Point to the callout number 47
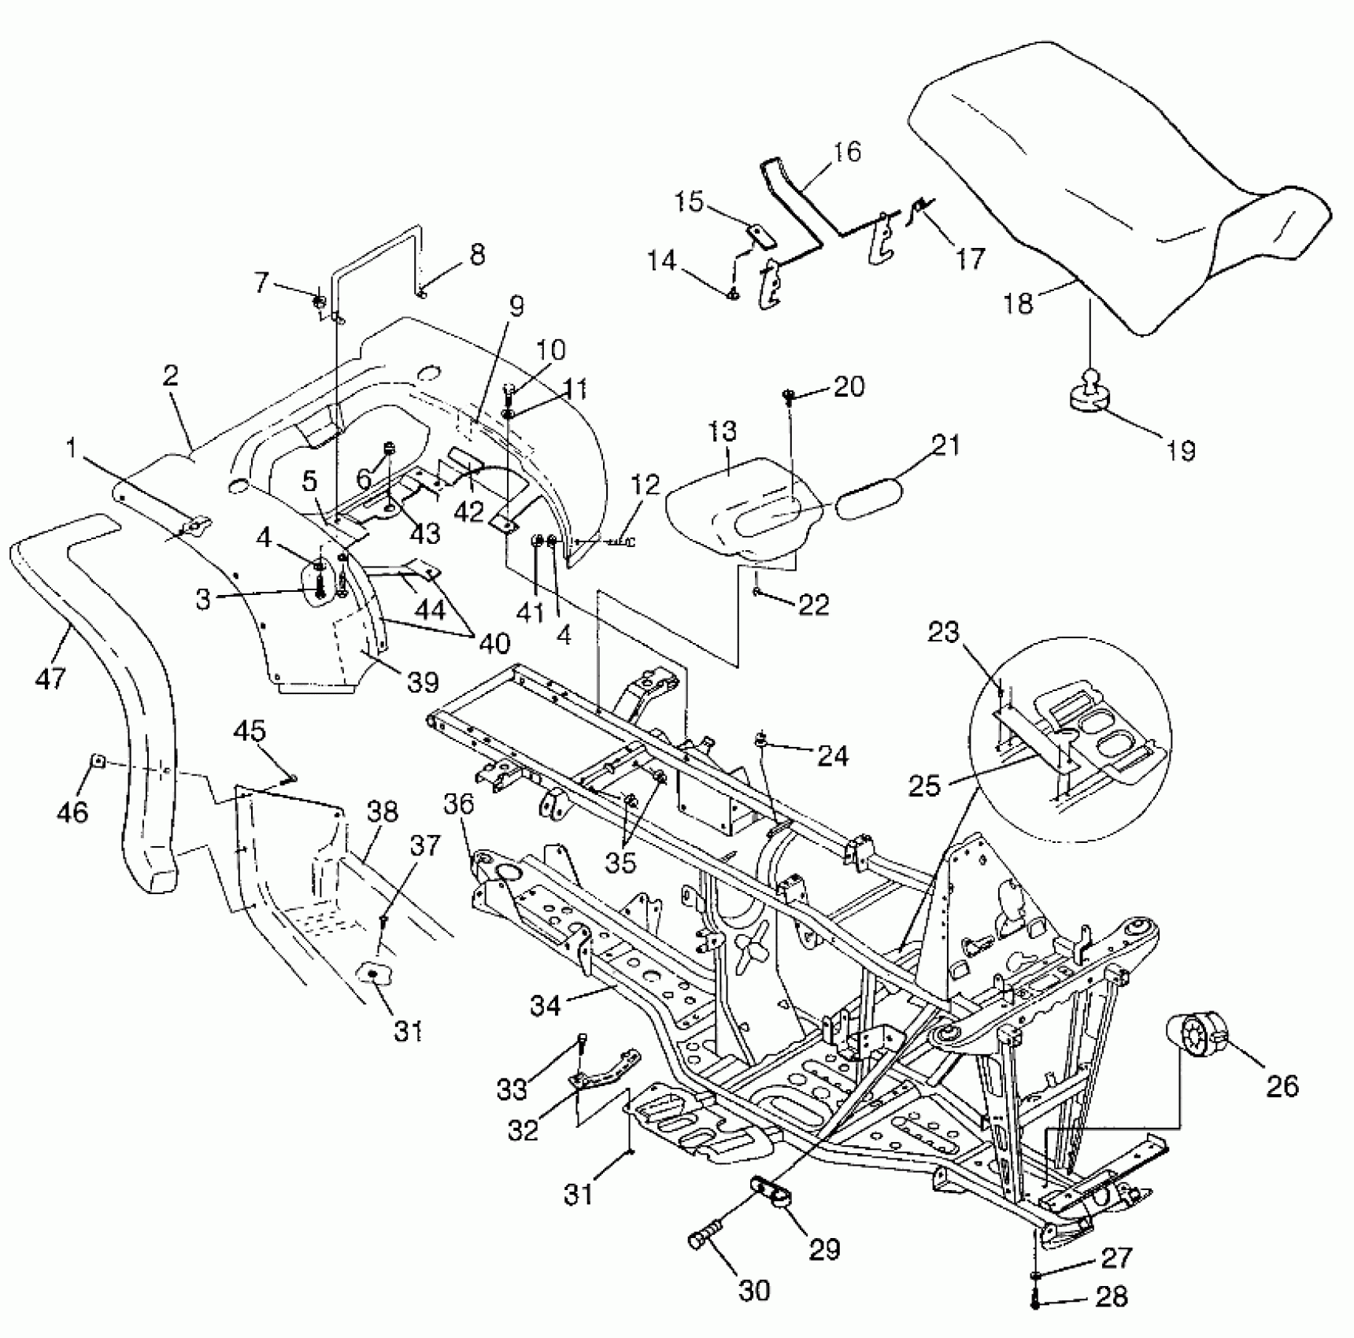click(51, 677)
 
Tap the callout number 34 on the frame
click(546, 1005)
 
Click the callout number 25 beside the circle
click(924, 785)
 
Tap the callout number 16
click(846, 151)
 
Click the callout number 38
click(383, 812)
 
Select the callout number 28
click(1112, 1295)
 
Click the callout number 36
click(459, 804)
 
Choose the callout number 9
click(516, 305)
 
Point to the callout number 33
click(512, 1090)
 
